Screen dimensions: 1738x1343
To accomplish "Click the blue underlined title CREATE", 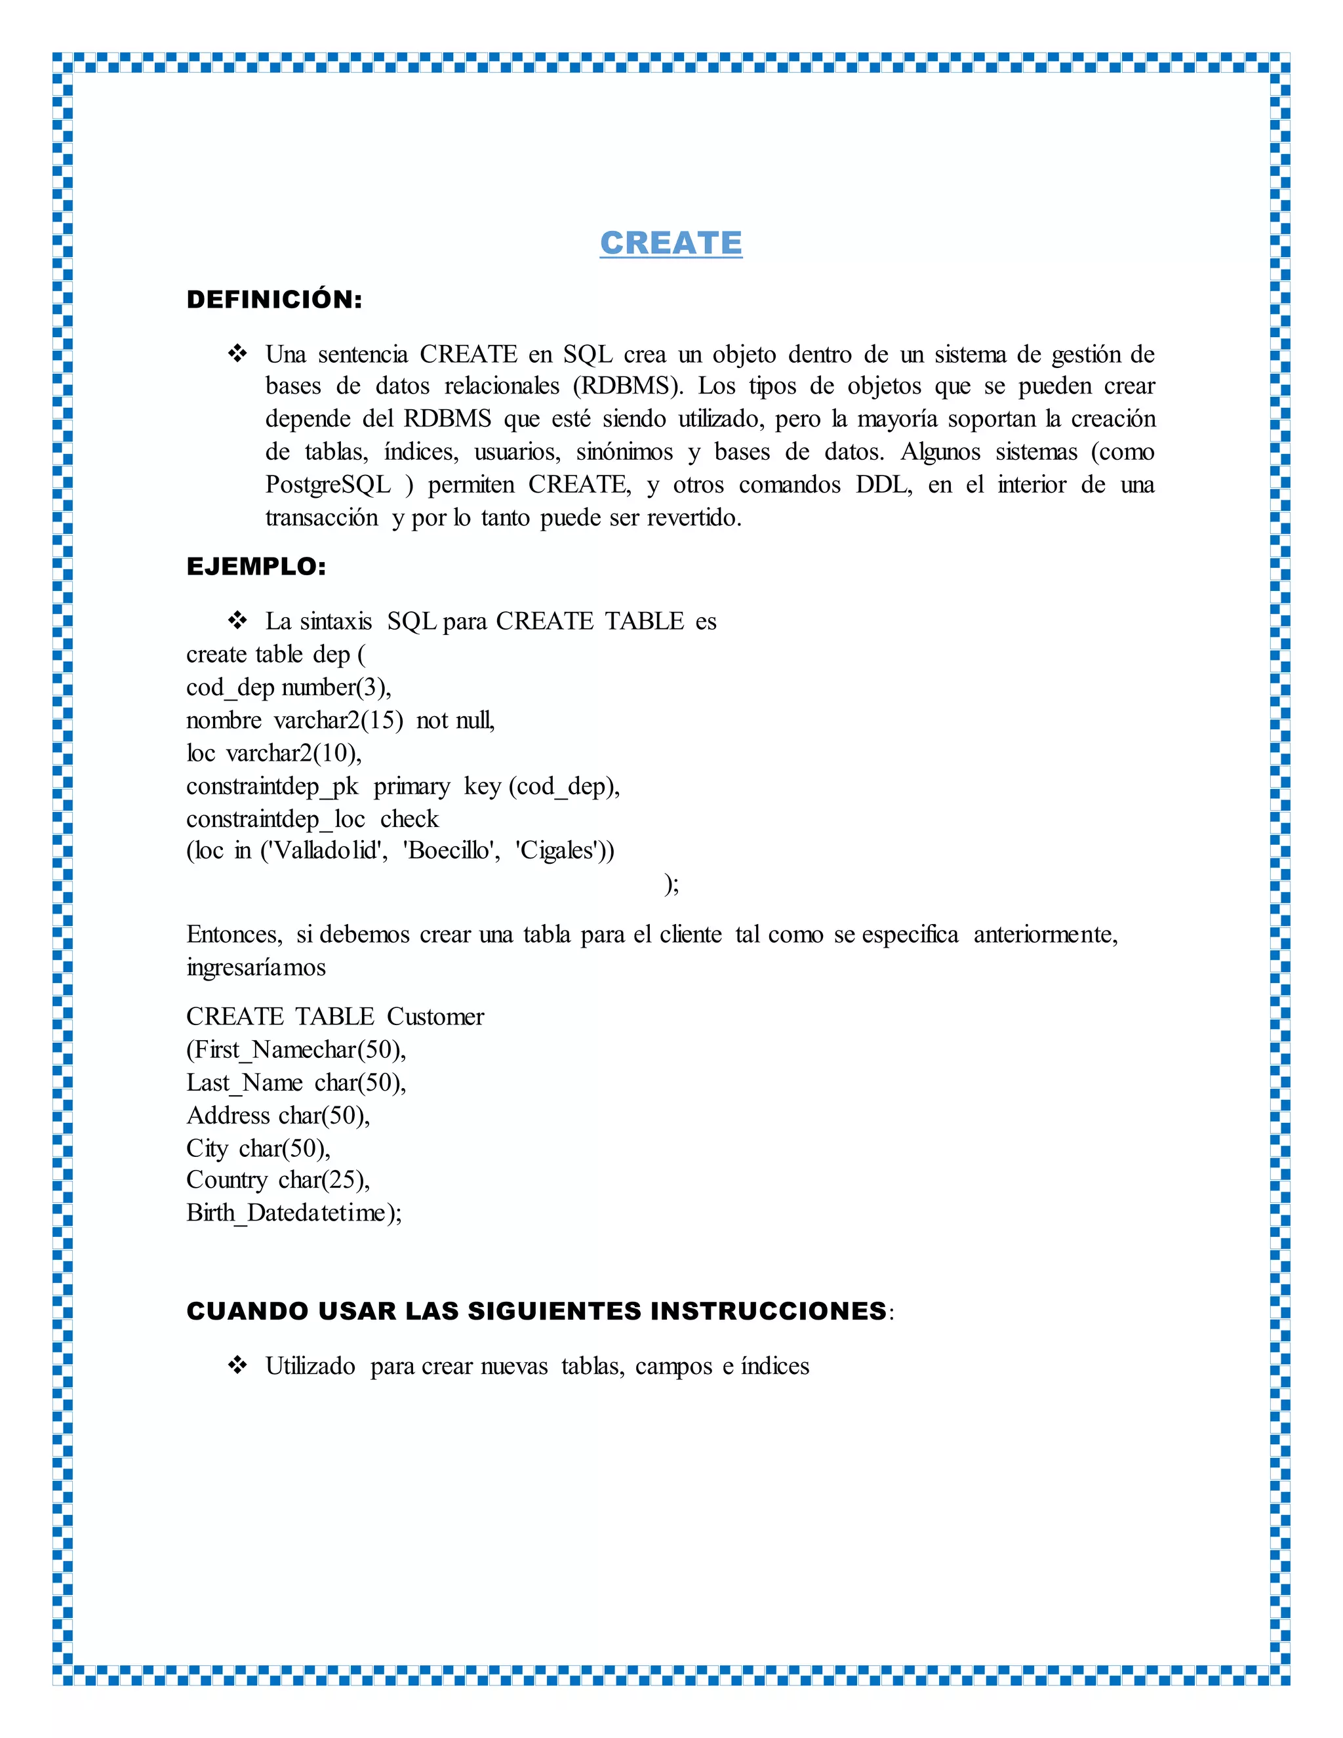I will [671, 243].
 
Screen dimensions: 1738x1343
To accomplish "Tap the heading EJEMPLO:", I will [256, 567].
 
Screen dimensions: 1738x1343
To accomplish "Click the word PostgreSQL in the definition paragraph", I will [328, 485].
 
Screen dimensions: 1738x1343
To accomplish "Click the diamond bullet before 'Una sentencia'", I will [237, 354].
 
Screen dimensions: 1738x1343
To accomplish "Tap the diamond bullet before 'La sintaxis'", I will [237, 620].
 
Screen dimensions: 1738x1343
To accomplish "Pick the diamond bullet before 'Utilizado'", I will [237, 1365].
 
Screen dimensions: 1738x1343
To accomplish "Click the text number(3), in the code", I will [336, 687].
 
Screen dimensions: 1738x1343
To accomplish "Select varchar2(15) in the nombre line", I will [338, 720].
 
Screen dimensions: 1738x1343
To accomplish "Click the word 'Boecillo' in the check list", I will [451, 851].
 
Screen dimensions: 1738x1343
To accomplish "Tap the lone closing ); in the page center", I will [671, 884].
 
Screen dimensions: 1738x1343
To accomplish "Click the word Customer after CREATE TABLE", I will [435, 1017].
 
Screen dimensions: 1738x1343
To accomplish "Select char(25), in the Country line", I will [324, 1180].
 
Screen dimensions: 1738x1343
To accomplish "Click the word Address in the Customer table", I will [228, 1116].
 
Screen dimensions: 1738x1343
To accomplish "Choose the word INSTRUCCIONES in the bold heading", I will [768, 1310].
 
